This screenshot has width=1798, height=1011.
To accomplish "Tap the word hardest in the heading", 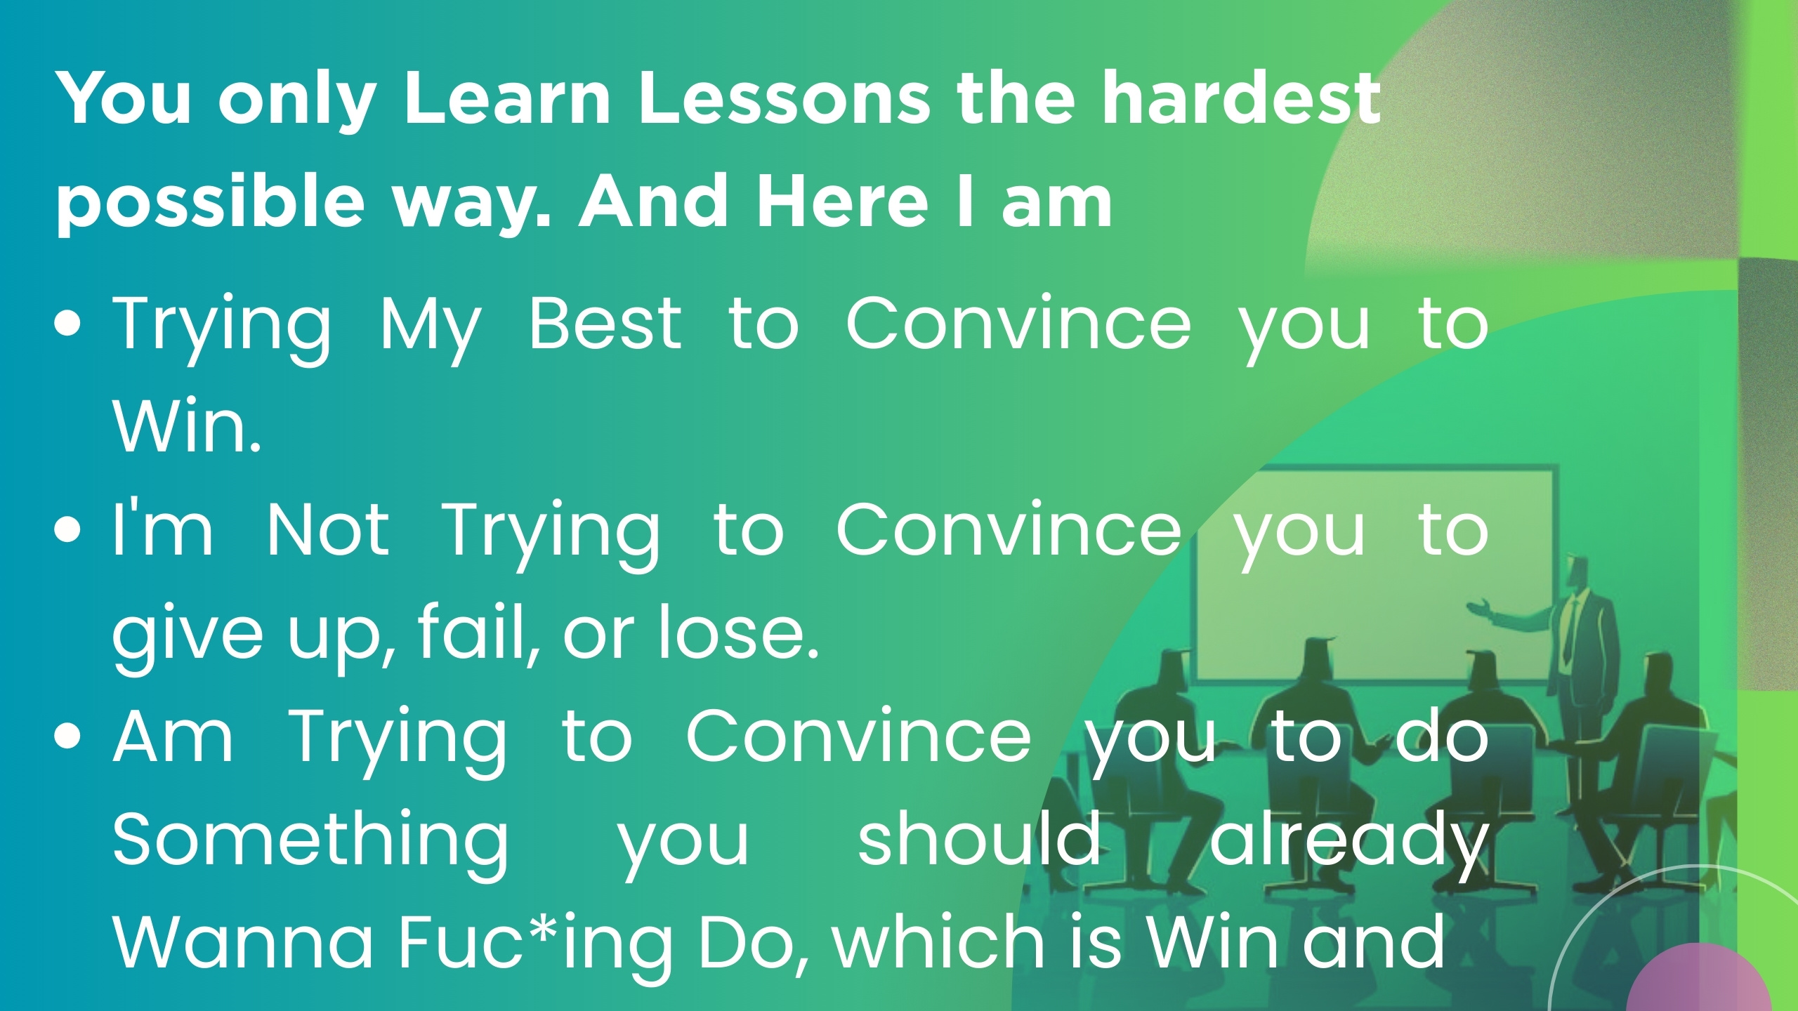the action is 1240,98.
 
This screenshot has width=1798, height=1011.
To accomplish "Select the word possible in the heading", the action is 210,204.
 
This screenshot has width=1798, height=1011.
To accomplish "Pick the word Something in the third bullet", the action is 310,839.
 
